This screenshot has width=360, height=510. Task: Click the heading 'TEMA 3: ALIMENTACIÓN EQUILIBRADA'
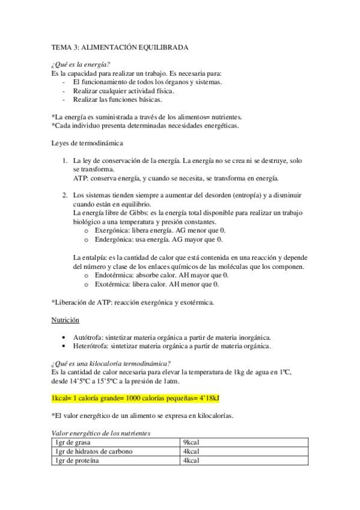(120, 46)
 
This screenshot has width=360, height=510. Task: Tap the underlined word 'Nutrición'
(66, 320)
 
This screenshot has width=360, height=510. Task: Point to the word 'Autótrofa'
(88, 337)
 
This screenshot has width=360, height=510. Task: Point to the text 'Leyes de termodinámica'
(88, 143)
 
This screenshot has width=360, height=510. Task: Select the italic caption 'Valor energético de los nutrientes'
(101, 432)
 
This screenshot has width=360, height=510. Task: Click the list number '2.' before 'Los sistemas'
(65, 195)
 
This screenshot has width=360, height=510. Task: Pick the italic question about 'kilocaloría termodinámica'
(111, 363)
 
